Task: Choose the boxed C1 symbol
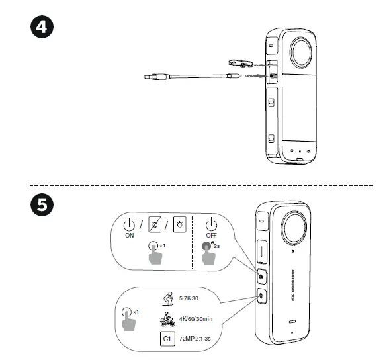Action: [167, 339]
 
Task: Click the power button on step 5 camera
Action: [261, 274]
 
